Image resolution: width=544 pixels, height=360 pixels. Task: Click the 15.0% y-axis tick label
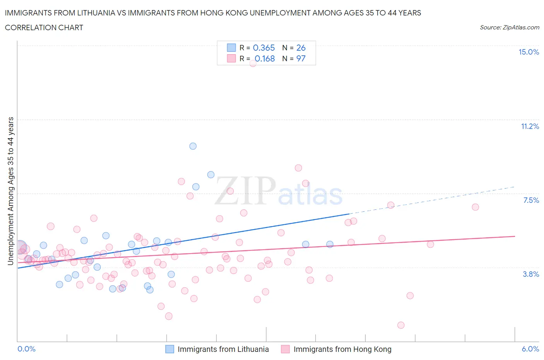529,52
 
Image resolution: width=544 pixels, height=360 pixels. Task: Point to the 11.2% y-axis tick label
530,127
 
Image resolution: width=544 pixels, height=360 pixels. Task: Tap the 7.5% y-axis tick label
531,201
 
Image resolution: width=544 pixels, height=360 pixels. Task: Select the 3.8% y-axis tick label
531,274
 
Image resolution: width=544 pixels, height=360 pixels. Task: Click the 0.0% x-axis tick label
26,349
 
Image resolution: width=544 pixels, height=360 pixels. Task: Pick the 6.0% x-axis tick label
530,349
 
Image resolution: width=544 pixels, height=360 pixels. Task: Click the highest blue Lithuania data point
193,146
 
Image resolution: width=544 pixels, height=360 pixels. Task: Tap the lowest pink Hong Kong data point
401,325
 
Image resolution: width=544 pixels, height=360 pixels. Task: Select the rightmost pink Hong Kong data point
476,207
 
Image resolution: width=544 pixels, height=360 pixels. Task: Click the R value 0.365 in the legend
263,48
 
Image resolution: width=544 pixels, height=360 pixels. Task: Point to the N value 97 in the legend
301,59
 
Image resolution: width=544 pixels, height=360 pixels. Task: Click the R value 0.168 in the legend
265,59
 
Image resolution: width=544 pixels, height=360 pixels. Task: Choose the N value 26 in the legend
301,48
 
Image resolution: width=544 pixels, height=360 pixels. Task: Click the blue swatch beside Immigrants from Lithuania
169,349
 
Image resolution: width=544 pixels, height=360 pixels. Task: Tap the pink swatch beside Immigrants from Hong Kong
286,349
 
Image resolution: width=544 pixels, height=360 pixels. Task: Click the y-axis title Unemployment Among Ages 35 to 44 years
11,191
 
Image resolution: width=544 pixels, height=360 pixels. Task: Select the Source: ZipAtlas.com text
509,27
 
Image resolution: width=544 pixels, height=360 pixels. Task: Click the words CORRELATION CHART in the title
44,27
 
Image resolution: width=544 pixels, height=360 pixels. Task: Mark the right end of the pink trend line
515,236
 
